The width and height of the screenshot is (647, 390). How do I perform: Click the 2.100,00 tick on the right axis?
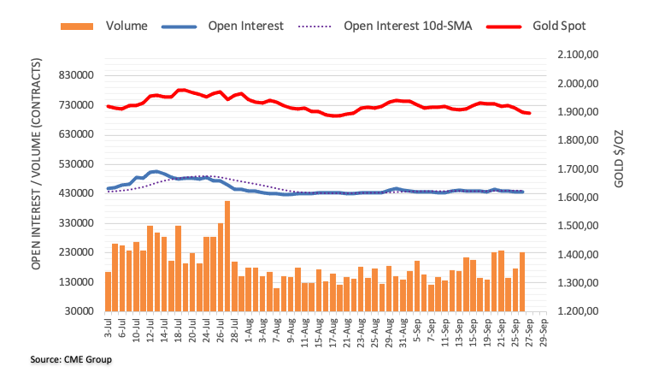pos(576,55)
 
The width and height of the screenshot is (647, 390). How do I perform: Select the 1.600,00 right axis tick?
pos(576,198)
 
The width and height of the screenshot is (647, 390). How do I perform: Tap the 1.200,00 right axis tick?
pos(576,311)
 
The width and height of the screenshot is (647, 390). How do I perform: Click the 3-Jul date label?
pos(109,330)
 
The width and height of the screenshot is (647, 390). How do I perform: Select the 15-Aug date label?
pos(319,332)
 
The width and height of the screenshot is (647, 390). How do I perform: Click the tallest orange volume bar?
pos(227,256)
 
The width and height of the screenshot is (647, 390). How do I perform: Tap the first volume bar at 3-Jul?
pos(109,292)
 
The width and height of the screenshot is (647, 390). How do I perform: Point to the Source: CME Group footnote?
pos(71,359)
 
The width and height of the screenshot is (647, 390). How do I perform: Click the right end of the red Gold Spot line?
pos(529,113)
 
